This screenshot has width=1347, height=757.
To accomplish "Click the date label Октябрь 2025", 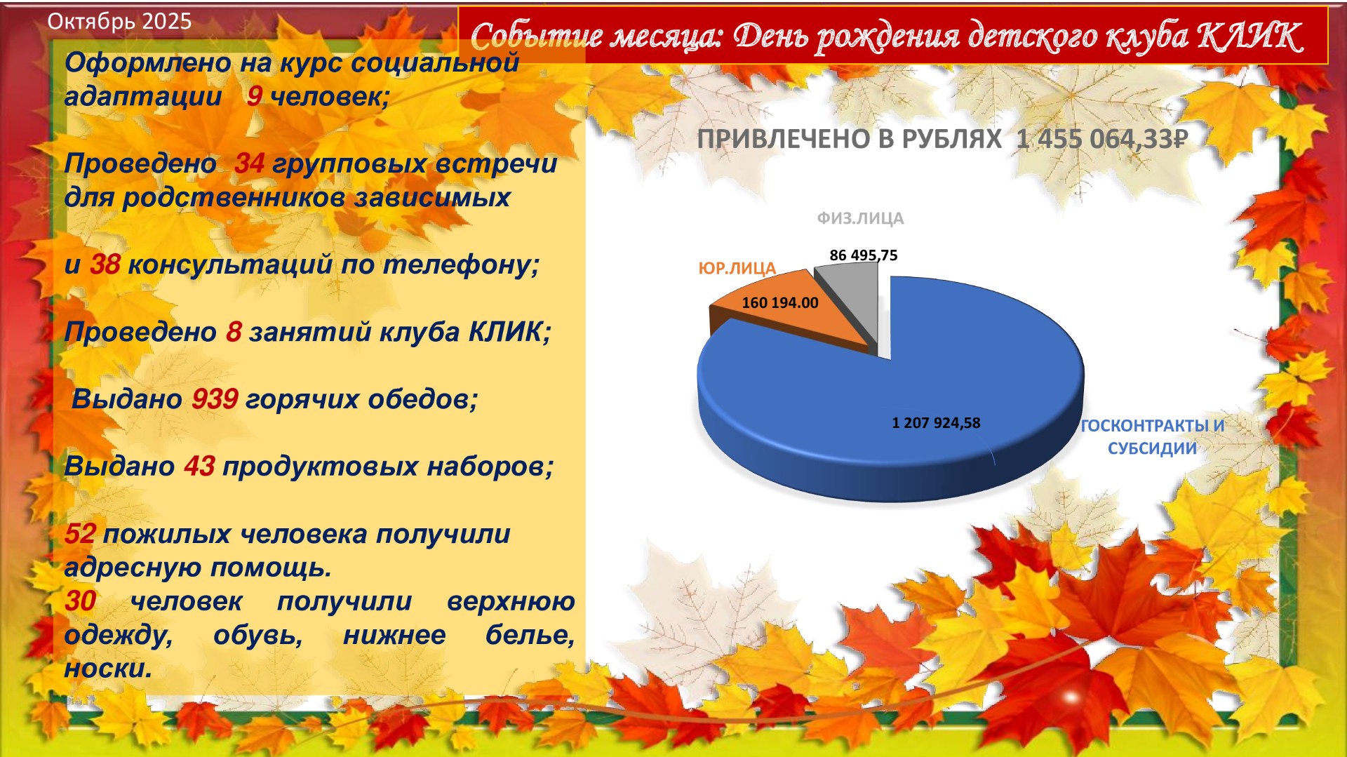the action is (x=119, y=21).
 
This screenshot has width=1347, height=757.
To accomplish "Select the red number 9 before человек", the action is (x=255, y=96).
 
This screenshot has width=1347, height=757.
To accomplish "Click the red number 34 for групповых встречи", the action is (x=249, y=163).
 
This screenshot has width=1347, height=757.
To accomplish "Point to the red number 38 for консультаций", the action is (x=105, y=264).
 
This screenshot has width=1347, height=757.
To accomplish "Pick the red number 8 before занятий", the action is (x=234, y=332).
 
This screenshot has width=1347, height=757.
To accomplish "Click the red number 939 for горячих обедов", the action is (x=215, y=399).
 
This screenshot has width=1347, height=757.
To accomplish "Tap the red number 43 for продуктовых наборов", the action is (x=199, y=467).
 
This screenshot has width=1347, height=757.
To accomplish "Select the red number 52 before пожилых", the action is (x=80, y=534).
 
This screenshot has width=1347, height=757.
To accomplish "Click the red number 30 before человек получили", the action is (x=80, y=601).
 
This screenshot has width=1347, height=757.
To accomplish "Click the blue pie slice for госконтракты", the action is (x=891, y=414).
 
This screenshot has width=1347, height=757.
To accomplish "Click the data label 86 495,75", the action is (x=864, y=255).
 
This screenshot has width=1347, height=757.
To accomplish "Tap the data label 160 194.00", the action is (x=780, y=303).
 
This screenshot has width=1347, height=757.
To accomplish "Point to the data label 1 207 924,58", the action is (x=936, y=423).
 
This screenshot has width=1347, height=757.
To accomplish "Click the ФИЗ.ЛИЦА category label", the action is (x=860, y=218).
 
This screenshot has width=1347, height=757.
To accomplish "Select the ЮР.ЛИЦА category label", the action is (x=737, y=269).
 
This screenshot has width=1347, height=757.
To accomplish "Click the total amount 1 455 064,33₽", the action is (x=1101, y=139).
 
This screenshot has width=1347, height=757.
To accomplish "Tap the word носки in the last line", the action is (x=108, y=669).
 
